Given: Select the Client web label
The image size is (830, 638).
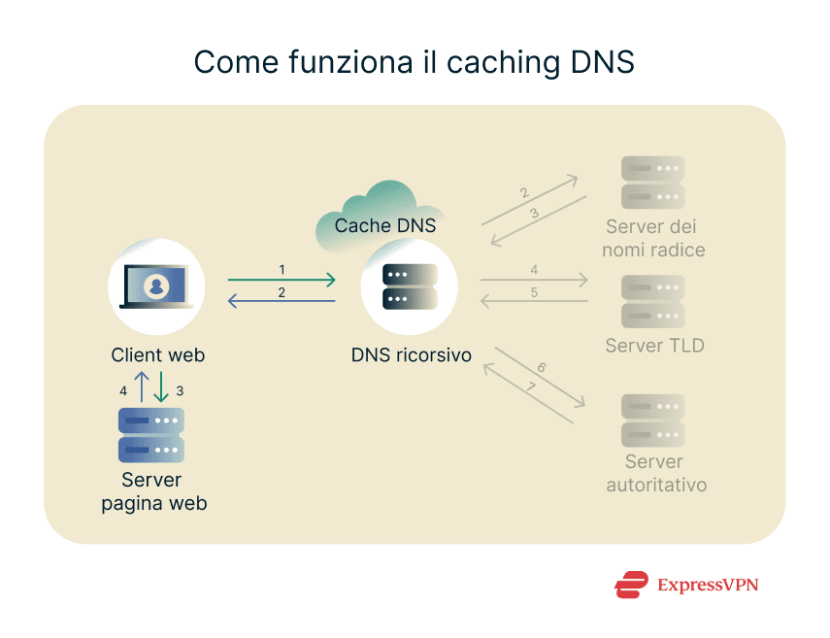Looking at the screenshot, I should click(x=157, y=355).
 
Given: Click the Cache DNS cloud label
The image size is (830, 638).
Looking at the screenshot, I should click(x=384, y=225).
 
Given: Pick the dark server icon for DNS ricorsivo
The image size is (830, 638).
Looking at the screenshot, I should click(x=409, y=286).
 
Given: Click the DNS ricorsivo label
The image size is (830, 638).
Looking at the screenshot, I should click(x=412, y=355).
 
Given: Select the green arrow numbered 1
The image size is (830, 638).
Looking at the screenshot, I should click(x=282, y=281).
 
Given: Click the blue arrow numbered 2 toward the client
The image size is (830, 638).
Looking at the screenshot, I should click(x=282, y=302).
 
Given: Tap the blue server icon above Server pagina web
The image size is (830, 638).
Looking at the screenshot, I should click(x=150, y=434).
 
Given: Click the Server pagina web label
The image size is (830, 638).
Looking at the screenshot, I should click(x=152, y=492).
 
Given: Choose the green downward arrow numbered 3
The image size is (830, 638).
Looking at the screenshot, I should click(x=160, y=387).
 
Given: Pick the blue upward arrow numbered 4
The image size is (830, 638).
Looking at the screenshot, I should click(x=141, y=387).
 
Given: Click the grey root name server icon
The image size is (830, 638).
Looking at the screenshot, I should click(x=653, y=183).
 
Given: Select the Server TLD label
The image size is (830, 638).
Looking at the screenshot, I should click(x=654, y=346).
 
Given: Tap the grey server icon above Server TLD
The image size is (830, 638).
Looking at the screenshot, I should click(x=653, y=301).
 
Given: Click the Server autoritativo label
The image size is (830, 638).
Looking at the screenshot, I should click(x=655, y=473).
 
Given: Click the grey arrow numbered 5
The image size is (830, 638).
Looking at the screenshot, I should click(x=534, y=302).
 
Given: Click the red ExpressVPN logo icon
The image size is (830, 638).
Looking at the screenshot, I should click(x=631, y=585).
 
